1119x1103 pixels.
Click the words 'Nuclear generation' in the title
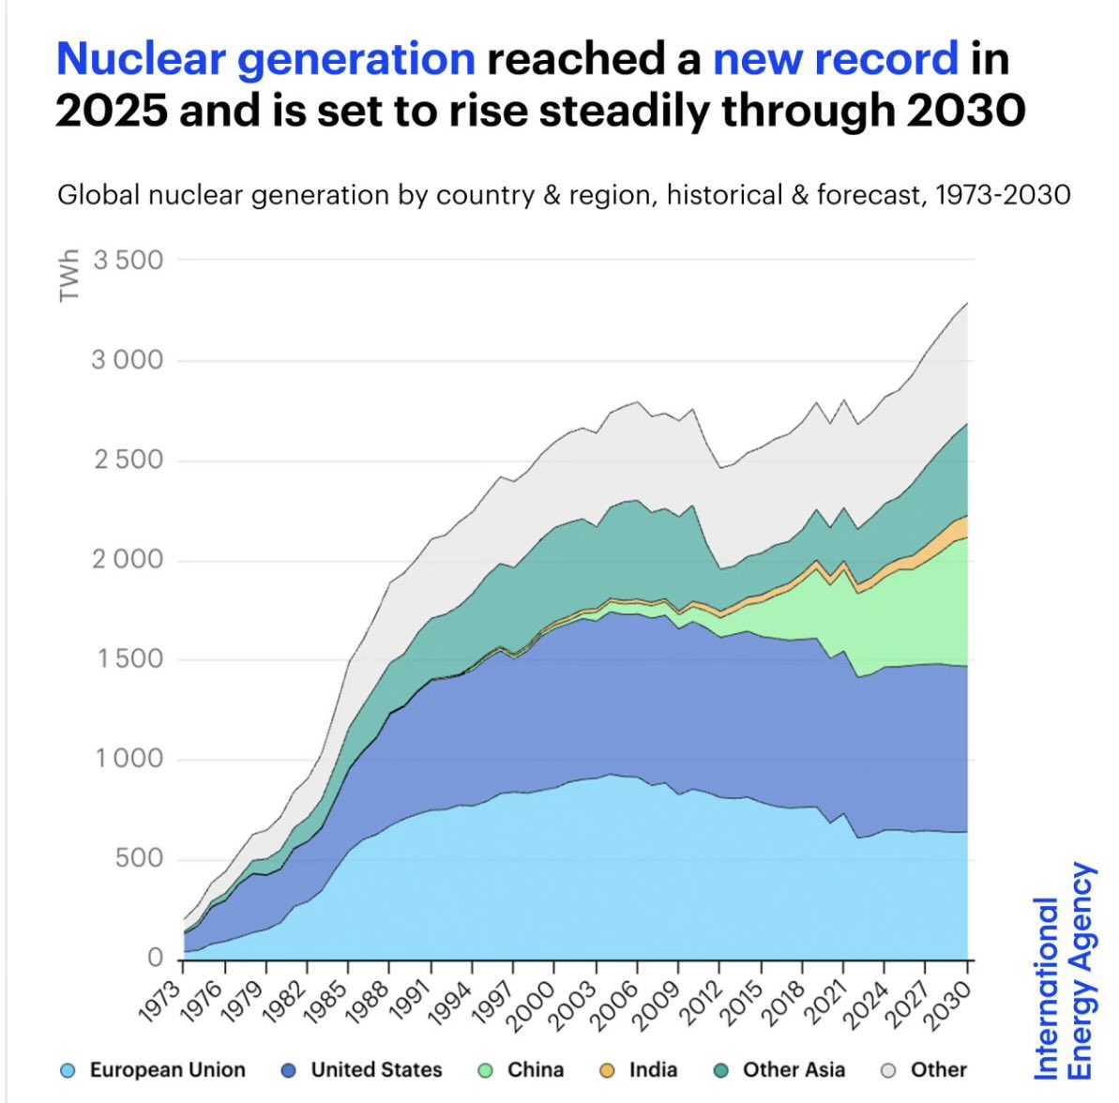pos(265,59)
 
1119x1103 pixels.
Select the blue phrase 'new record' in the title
pos(836,59)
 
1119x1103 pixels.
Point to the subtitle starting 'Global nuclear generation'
pos(564,195)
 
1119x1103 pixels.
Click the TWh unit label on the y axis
pos(68,276)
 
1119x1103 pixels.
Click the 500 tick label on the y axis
pos(139,858)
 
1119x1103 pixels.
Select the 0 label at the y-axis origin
pos(155,958)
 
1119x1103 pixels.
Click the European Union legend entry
pos(153,1070)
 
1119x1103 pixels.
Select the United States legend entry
pos(362,1070)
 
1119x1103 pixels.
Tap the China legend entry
pos(522,1070)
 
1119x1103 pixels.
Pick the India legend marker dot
pos(607,1070)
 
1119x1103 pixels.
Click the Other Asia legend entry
pos(779,1070)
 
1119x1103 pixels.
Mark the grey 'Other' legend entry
pos(925,1070)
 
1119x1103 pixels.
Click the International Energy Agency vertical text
pos(1063,972)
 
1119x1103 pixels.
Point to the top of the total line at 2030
pos(967,303)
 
